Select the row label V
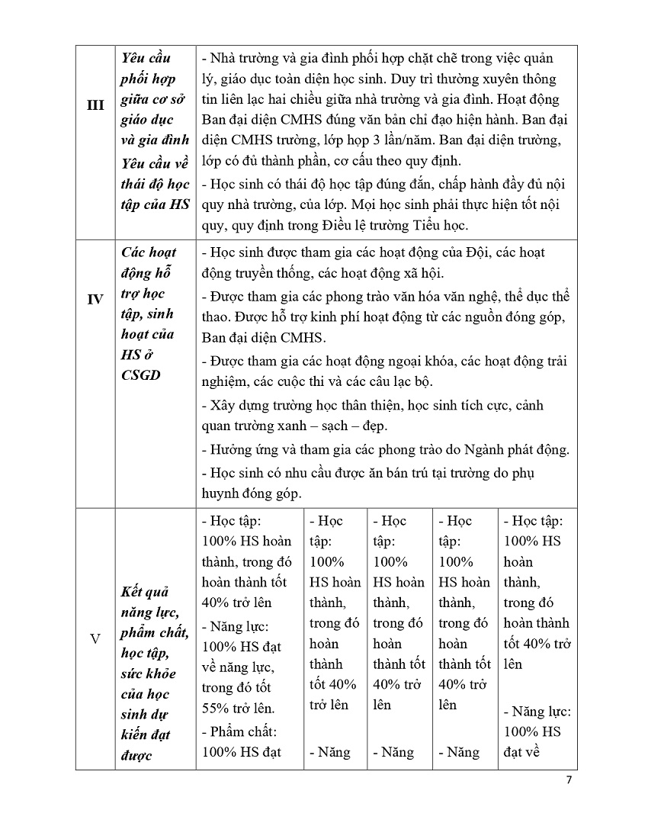coord(95,638)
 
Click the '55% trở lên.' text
coord(238,707)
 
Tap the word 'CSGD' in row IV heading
coord(141,374)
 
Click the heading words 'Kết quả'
coord(145,592)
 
